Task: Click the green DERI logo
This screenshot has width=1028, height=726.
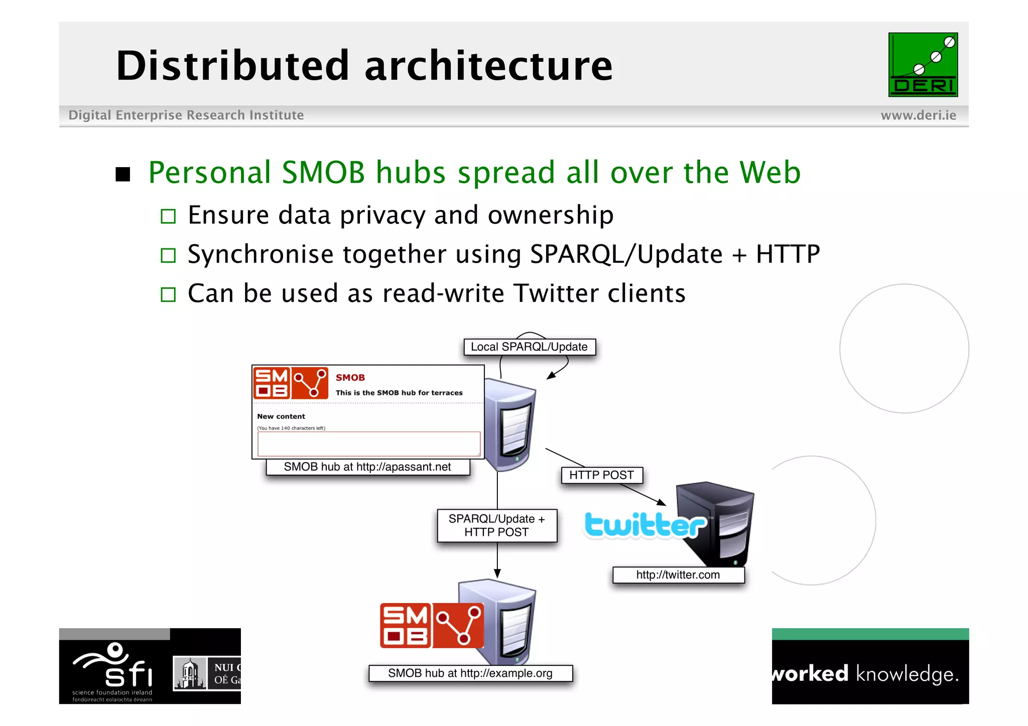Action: [x=923, y=65]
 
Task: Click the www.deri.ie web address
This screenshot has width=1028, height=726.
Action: [x=918, y=115]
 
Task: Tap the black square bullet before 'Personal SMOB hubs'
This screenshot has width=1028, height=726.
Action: [x=123, y=174]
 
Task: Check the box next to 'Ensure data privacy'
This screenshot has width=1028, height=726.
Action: [x=168, y=216]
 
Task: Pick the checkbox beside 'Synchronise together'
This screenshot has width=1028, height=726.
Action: [x=168, y=255]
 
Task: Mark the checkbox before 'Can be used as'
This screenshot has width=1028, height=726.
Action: [x=168, y=295]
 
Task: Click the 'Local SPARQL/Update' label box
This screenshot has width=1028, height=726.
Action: [x=529, y=347]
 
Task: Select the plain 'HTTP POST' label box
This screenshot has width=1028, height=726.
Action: [x=601, y=475]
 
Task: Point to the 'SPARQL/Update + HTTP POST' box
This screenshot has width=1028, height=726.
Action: [x=497, y=525]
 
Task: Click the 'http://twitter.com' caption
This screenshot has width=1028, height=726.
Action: [x=678, y=575]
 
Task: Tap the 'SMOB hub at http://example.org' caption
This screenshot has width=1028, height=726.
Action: [x=470, y=673]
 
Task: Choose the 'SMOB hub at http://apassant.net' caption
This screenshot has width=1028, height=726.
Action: [x=367, y=467]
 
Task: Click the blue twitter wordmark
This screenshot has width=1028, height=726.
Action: [x=646, y=525]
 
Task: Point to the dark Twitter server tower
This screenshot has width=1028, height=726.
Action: [x=718, y=522]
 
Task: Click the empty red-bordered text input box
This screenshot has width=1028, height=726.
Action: [x=368, y=444]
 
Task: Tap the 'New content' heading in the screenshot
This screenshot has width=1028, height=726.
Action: [x=281, y=416]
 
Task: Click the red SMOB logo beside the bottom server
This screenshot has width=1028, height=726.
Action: [x=432, y=625]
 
